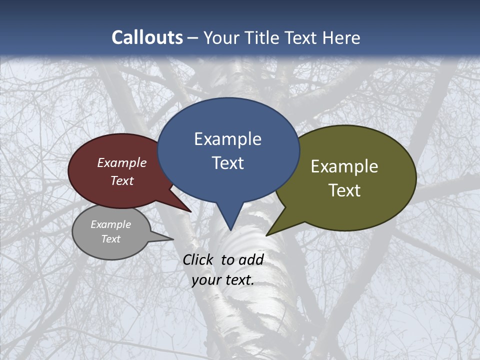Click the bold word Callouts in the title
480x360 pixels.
[147, 37]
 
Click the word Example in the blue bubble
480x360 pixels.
[227, 139]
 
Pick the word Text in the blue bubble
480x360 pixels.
[227, 163]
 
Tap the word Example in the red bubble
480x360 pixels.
[122, 163]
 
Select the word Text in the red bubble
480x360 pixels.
[122, 180]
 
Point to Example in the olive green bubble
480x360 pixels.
[344, 166]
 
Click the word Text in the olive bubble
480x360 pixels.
[344, 190]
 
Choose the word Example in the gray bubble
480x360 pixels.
[110, 224]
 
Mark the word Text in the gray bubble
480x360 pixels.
[110, 239]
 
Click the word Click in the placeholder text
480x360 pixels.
[198, 259]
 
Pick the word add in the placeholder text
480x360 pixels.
[251, 259]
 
